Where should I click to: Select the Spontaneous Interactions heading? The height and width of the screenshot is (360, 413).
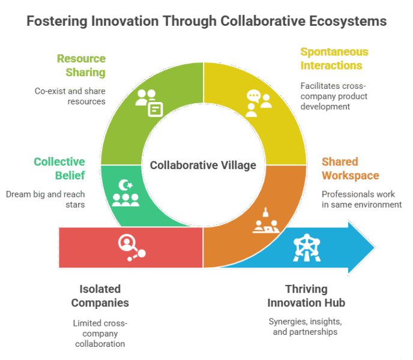coord(334,58)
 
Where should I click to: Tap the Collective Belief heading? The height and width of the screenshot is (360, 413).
coord(59,169)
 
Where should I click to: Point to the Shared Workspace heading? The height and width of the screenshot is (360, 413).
coord(350,169)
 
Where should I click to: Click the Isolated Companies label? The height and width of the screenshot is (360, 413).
coord(100,295)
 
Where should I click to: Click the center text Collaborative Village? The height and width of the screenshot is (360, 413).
coord(203,165)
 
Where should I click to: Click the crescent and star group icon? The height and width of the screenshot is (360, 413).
coord(125,193)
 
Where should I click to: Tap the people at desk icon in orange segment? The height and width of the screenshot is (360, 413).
coord(264,222)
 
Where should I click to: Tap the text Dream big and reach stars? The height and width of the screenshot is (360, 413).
coord(45,199)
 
